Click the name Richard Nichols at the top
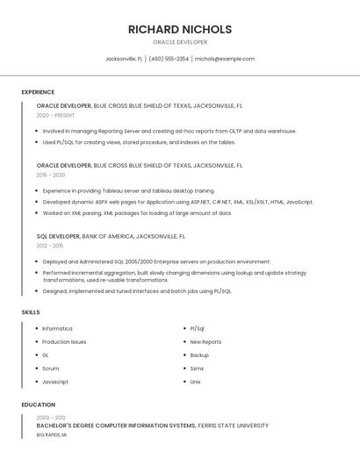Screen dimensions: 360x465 (x=179, y=29)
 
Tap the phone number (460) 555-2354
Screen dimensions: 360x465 (x=169, y=59)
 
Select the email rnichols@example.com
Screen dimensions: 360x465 (x=224, y=59)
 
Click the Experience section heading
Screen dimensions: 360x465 (x=38, y=92)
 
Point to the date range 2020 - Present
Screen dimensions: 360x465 (x=55, y=115)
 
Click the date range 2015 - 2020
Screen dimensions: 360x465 (x=51, y=175)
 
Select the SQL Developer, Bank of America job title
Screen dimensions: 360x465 (x=111, y=236)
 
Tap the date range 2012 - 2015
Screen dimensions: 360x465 (x=50, y=247)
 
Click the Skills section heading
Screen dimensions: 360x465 (x=31, y=312)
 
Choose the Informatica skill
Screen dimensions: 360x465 (x=57, y=329)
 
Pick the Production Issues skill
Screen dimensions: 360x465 (x=64, y=342)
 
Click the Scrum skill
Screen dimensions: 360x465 (x=51, y=368)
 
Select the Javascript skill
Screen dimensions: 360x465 (x=55, y=382)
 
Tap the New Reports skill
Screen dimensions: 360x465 (x=205, y=342)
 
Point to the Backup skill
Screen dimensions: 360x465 (x=199, y=355)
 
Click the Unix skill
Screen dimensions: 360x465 (x=196, y=382)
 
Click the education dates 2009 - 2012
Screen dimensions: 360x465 (x=51, y=418)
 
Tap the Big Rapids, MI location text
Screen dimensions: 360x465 (x=52, y=435)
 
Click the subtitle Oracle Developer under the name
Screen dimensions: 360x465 (x=179, y=42)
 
